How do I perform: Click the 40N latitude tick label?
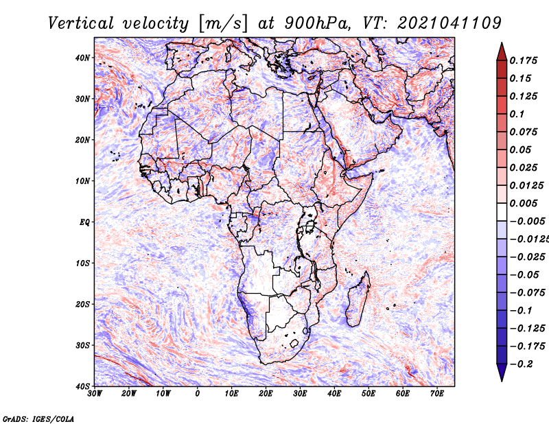click(x=82, y=58)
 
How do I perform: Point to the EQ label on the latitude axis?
click(x=84, y=222)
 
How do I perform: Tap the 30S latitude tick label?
click(x=82, y=346)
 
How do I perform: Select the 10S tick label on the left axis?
click(x=82, y=263)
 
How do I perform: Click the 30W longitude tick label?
click(x=95, y=394)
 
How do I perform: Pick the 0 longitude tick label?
click(x=198, y=394)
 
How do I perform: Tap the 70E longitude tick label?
click(x=437, y=394)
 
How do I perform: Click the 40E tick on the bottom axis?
click(x=334, y=394)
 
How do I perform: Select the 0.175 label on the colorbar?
click(x=524, y=60)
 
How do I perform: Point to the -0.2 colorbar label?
click(x=522, y=364)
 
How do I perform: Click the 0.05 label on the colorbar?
click(x=520, y=150)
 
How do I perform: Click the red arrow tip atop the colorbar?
click(x=502, y=43)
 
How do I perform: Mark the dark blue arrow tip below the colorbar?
click(x=502, y=381)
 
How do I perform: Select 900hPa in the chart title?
click(x=317, y=23)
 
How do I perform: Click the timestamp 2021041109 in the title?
click(x=449, y=23)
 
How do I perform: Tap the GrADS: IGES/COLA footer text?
click(x=38, y=419)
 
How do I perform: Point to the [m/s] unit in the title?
click(x=223, y=23)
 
